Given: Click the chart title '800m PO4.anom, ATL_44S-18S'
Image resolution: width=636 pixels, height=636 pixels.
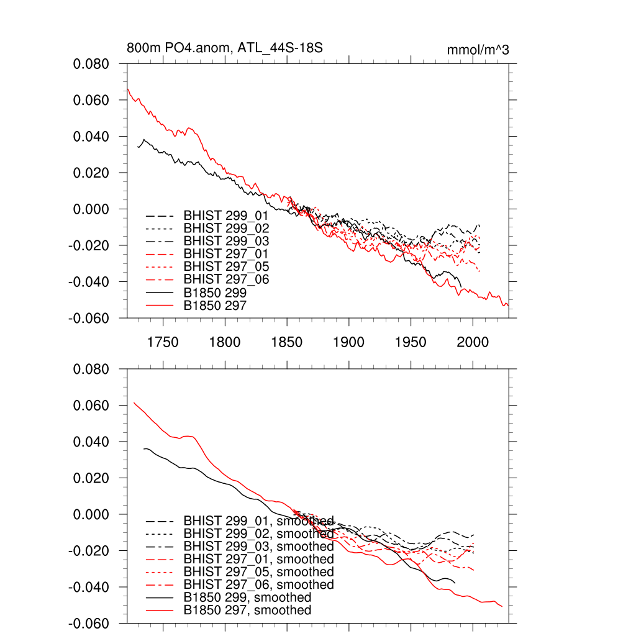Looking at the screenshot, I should tap(225, 48).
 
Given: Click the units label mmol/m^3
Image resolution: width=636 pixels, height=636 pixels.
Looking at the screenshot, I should tap(478, 50).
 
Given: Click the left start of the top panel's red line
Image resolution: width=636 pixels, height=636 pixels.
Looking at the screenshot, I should tap(127, 89).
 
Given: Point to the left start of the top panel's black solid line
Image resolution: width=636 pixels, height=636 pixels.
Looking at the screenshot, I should tap(138, 147).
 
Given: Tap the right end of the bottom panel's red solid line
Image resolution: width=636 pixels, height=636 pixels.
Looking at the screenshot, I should tap(502, 607).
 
